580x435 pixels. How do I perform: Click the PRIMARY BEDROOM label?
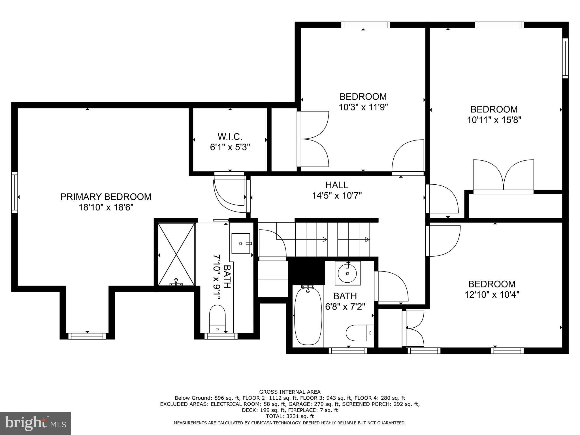[106, 197]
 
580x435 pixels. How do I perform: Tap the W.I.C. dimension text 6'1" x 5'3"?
[230, 147]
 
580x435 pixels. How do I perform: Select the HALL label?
[336, 185]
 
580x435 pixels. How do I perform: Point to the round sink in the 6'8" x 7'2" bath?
[347, 273]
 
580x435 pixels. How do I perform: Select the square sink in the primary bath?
[241, 243]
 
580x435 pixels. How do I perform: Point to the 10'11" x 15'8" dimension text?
[494, 120]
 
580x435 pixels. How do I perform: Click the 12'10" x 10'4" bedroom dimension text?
[492, 295]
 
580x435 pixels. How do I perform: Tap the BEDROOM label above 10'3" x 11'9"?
[363, 97]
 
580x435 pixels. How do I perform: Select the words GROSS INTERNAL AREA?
[290, 392]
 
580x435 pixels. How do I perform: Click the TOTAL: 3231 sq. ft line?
[290, 416]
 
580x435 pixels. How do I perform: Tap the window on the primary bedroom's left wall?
[14, 192]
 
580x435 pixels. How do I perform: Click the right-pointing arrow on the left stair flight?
[325, 240]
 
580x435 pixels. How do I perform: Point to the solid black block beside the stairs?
[306, 270]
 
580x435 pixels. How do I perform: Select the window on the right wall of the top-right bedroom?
[565, 58]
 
